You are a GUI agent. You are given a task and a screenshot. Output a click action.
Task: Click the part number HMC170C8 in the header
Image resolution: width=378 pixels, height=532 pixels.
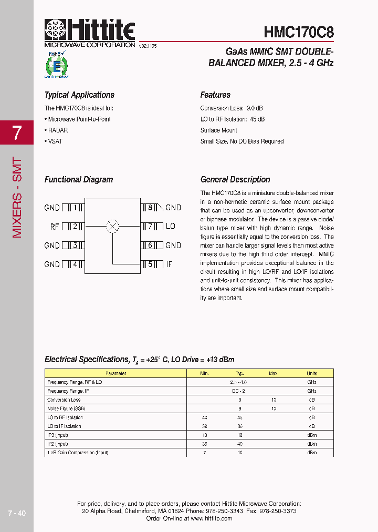pyautogui.click(x=298, y=32)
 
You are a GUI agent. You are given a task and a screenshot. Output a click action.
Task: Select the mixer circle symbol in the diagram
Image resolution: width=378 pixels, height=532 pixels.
pyautogui.click(x=112, y=227)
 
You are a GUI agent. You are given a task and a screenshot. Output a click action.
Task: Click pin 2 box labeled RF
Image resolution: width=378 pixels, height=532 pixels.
pyautogui.click(x=74, y=227)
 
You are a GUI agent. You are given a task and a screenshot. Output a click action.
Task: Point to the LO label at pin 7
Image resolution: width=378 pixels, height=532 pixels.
pyautogui.click(x=171, y=227)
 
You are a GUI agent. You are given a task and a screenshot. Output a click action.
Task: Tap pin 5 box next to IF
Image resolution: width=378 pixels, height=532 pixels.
pyautogui.click(x=150, y=264)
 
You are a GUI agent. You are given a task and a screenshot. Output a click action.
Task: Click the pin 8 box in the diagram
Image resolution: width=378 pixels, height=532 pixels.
pyautogui.click(x=150, y=208)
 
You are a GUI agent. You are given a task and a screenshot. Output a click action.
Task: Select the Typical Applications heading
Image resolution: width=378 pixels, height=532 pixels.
pyautogui.click(x=79, y=95)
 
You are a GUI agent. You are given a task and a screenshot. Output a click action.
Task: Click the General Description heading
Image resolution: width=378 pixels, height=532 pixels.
pyautogui.click(x=235, y=180)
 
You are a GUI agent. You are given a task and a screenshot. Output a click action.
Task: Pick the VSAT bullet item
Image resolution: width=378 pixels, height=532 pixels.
pyautogui.click(x=54, y=141)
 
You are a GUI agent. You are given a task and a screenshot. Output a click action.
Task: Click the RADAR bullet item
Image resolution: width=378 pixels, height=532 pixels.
pyautogui.click(x=57, y=130)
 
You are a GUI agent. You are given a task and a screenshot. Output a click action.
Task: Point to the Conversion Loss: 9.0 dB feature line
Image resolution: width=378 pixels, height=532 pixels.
pyautogui.click(x=232, y=108)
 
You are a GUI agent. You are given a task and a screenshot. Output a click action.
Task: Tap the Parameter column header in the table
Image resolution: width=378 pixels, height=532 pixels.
pyautogui.click(x=115, y=373)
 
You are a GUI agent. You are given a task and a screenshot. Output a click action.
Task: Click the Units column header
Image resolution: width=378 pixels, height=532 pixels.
pyautogui.click(x=312, y=373)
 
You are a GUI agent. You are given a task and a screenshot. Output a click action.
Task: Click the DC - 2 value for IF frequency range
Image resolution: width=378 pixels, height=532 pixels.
pyautogui.click(x=239, y=391)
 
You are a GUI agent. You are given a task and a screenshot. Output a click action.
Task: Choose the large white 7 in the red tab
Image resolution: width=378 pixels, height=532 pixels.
pyautogui.click(x=17, y=133)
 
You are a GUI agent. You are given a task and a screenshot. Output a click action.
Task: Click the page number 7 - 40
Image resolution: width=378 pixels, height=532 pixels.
pyautogui.click(x=17, y=513)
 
